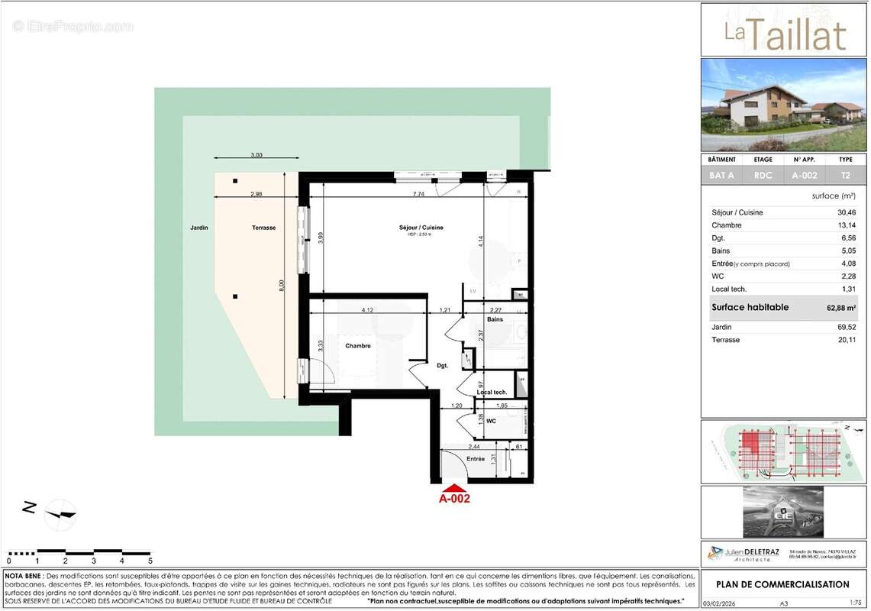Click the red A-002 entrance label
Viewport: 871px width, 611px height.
point(454,499)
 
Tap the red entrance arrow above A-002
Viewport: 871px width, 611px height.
point(454,487)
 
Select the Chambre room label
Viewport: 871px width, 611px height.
point(358,346)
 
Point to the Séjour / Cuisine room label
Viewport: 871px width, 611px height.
point(421,228)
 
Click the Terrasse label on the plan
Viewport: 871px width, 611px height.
point(264,228)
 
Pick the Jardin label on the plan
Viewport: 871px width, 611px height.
point(199,228)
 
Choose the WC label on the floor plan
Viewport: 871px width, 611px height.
point(491,422)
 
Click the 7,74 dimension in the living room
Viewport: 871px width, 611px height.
point(418,195)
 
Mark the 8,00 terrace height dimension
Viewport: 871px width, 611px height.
point(281,284)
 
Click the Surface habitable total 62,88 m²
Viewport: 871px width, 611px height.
point(835,308)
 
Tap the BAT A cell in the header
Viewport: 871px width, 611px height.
point(721,176)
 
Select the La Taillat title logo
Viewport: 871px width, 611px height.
point(784,34)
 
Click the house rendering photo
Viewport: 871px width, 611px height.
point(784,105)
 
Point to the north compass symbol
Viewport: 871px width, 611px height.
point(60,514)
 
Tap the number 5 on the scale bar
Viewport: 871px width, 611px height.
point(150,561)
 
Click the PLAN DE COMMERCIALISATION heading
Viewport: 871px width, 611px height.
point(782,584)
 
